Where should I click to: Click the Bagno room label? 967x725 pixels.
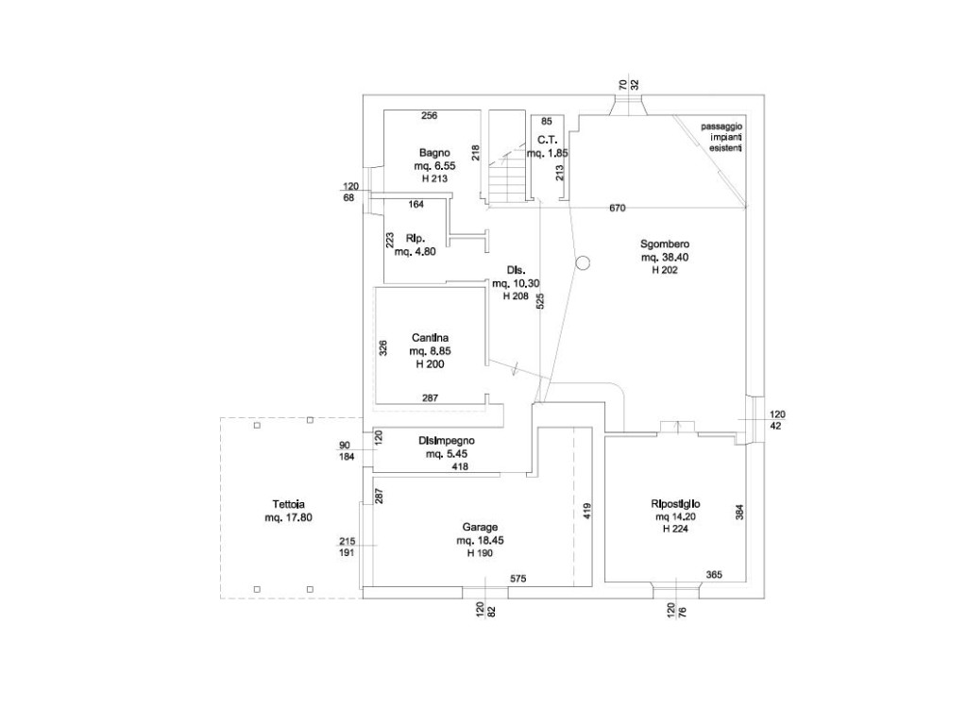point(434,153)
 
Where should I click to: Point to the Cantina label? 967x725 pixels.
point(430,337)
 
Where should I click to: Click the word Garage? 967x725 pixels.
point(480,528)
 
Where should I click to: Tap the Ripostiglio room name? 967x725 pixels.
point(674,504)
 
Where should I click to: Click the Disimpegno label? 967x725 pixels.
point(447,441)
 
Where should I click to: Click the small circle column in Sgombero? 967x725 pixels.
point(583,263)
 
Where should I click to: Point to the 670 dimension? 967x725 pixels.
point(619,208)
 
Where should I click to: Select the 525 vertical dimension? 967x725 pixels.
point(540,302)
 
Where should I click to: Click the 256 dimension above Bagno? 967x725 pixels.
point(429,116)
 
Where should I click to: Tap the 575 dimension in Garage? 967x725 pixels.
point(518,578)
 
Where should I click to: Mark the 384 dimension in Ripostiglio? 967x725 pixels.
point(740,512)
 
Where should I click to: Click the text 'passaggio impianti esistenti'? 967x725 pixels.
point(722,138)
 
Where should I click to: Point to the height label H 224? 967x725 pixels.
point(674,530)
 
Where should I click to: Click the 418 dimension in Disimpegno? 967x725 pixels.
point(460,467)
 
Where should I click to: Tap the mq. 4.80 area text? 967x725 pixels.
point(415,251)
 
